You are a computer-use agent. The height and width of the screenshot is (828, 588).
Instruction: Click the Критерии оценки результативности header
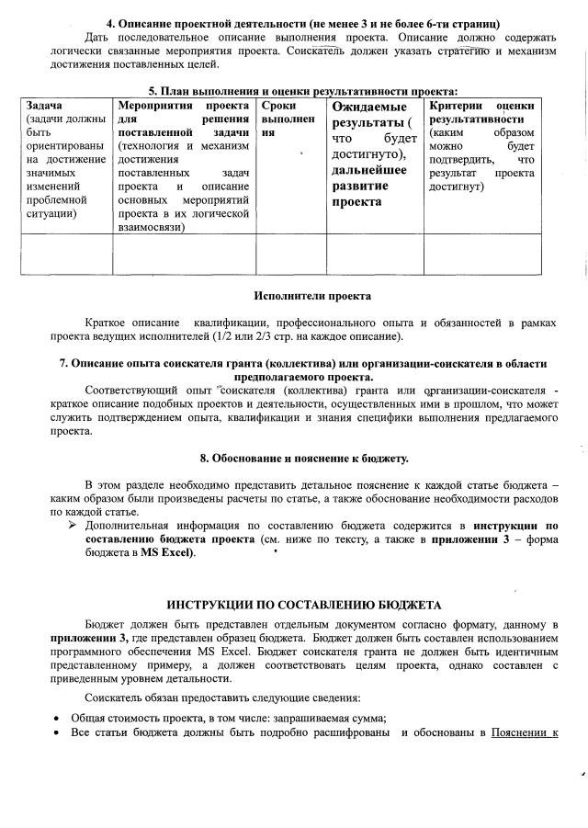pos(481,113)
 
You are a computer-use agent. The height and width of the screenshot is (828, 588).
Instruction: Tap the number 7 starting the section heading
pos(63,363)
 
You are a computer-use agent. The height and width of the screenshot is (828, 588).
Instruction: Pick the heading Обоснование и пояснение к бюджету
pos(304,458)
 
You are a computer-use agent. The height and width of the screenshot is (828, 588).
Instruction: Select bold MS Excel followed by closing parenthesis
pos(167,553)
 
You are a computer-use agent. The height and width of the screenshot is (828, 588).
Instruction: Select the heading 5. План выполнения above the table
pos(303,91)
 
